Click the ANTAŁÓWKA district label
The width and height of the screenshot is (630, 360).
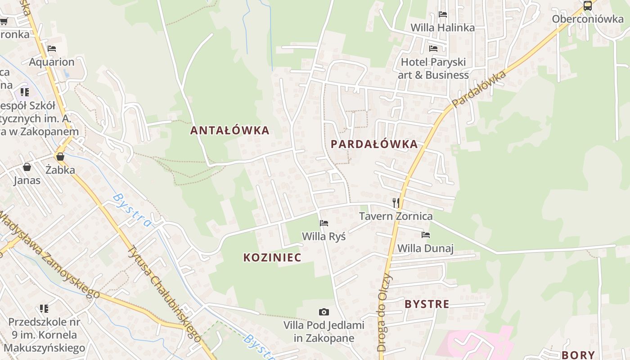point(229,130)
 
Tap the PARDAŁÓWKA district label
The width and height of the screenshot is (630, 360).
point(374,144)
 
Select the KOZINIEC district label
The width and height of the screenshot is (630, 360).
point(272,257)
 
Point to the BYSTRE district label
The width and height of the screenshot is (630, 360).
point(427,304)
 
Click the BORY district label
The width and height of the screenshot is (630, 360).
point(578,355)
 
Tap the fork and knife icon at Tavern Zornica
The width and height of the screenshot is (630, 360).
point(396,202)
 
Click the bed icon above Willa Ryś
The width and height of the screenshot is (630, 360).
point(324,223)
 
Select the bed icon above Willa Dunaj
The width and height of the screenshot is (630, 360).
point(426,235)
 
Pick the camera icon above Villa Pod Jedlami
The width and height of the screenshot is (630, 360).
point(324,312)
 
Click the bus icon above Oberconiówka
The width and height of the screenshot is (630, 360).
point(588,6)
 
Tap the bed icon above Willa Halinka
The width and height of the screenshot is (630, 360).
point(443,14)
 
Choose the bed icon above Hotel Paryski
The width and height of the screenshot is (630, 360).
point(433,49)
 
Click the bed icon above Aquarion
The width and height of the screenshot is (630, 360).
point(52,49)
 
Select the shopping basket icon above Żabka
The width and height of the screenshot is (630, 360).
point(60,157)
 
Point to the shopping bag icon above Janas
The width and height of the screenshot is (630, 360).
point(27,167)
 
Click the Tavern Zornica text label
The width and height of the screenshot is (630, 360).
point(396,216)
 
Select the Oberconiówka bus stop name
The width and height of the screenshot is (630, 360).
point(588,19)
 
